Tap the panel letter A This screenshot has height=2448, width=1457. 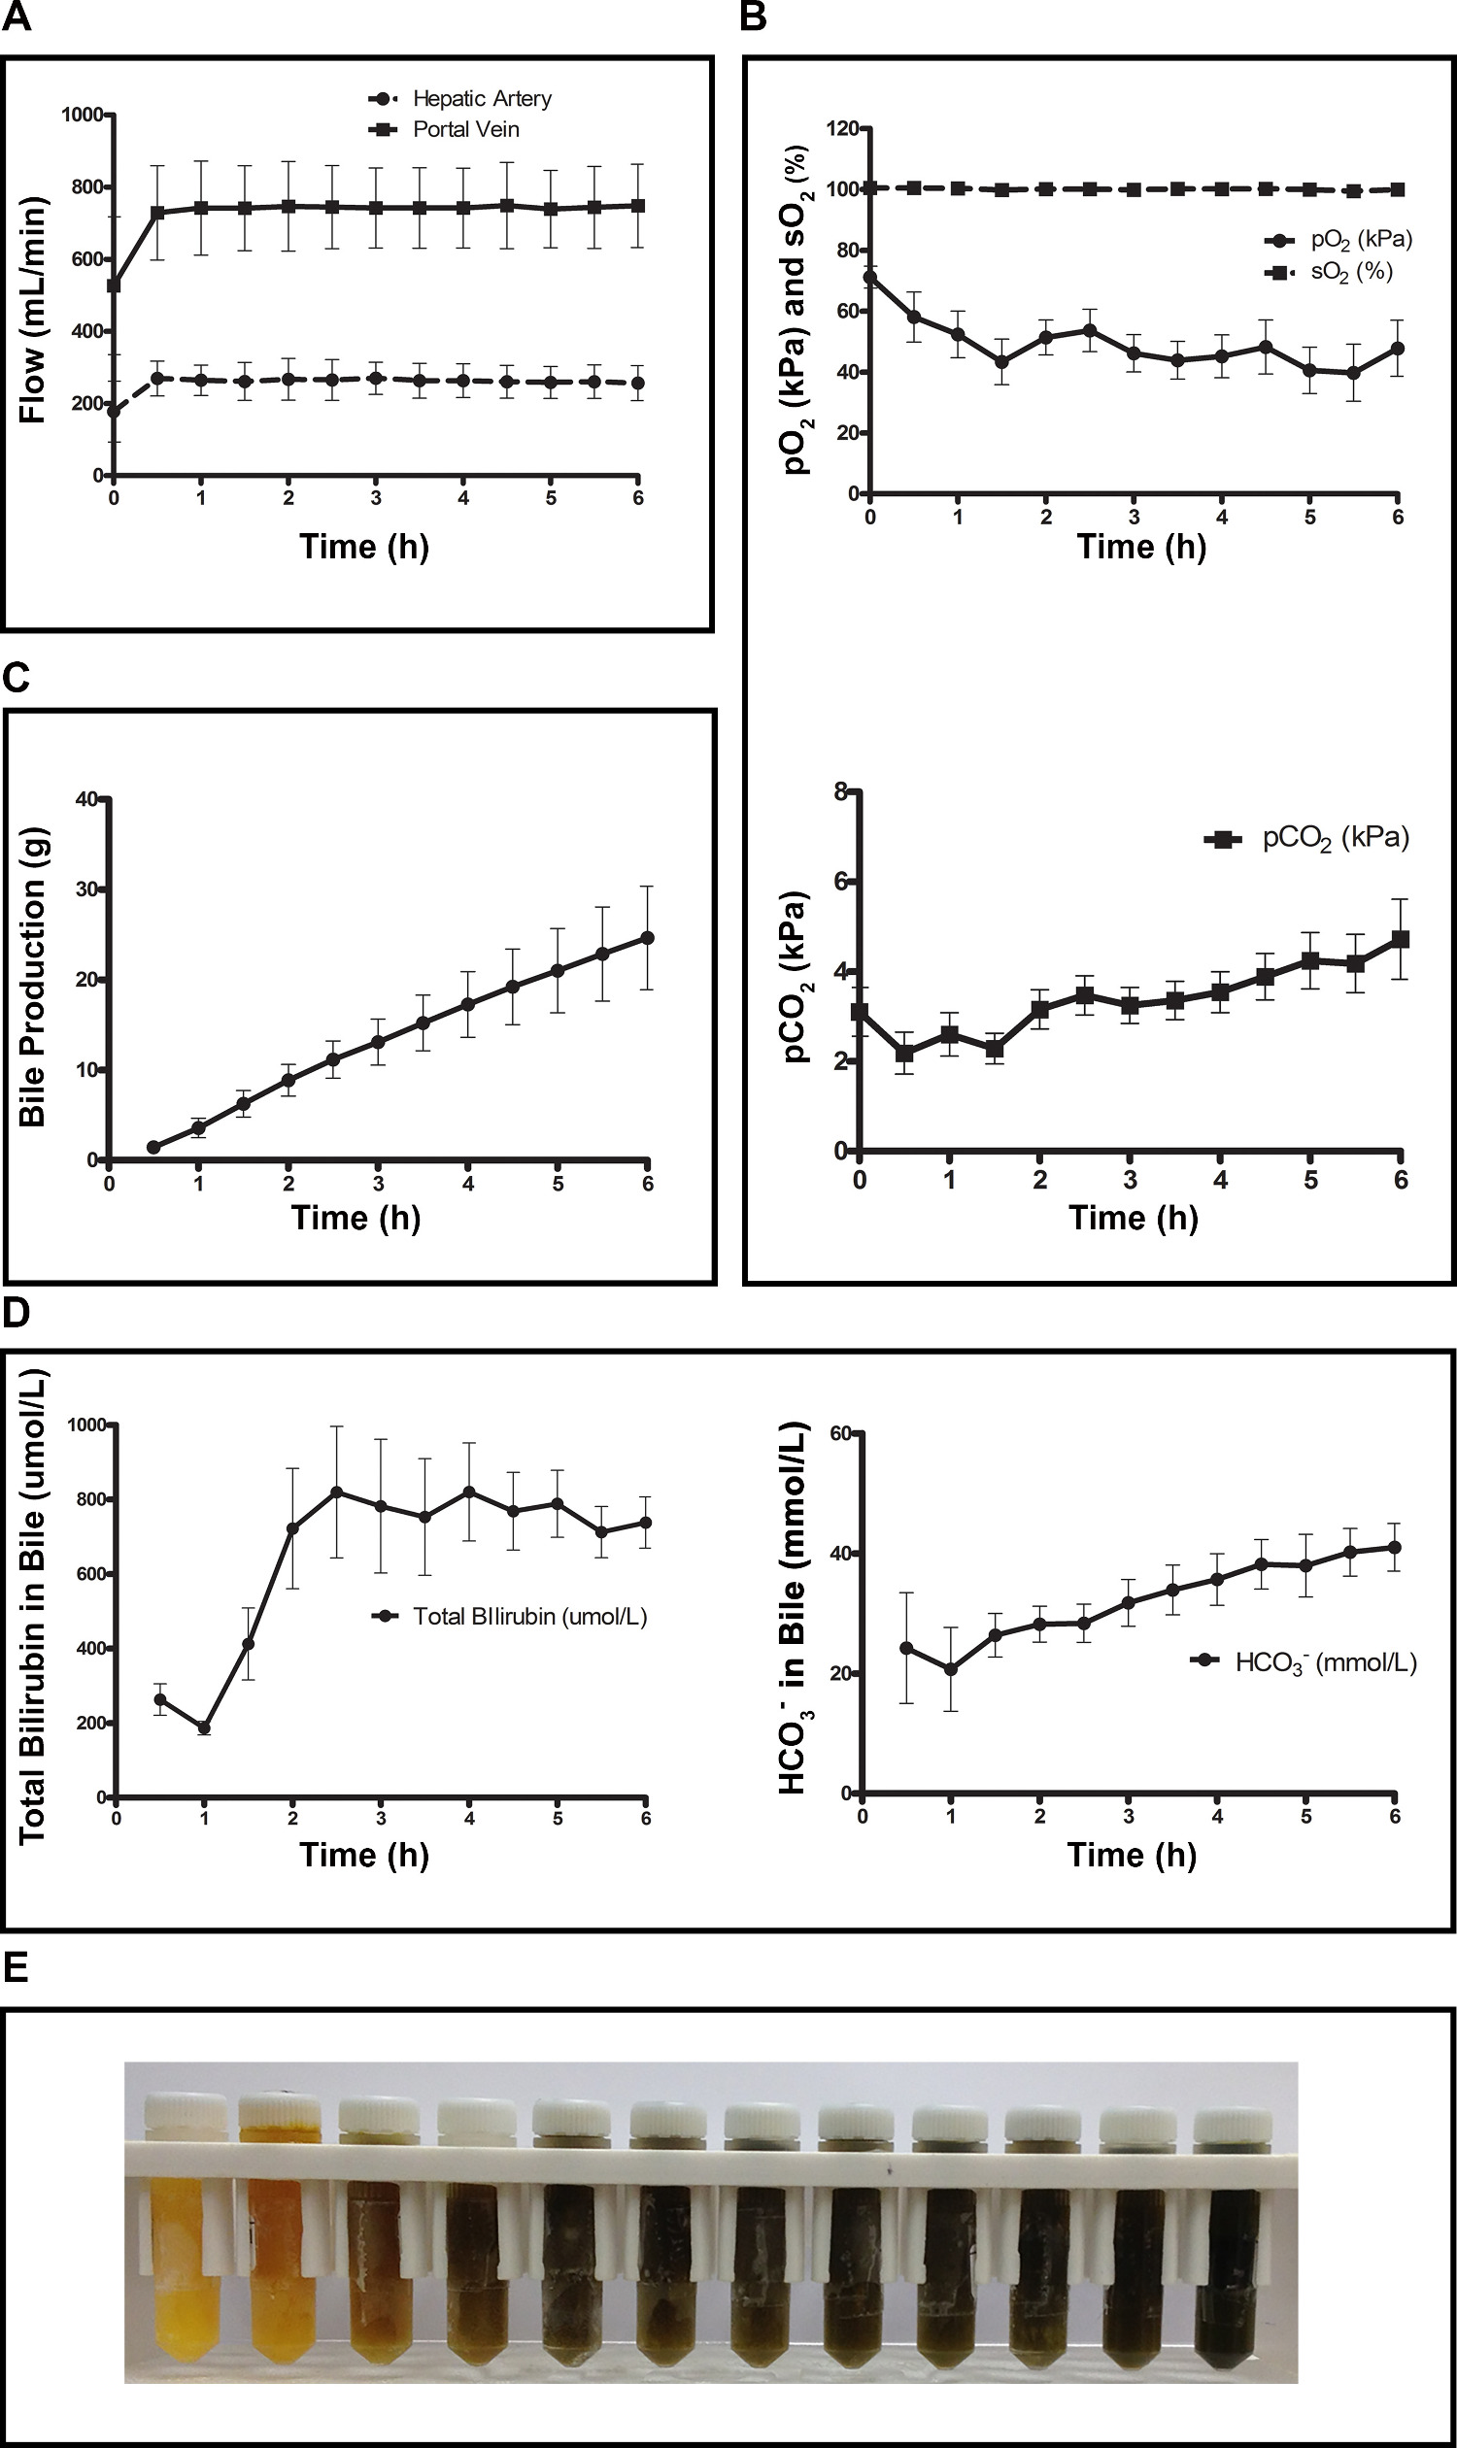click(x=17, y=17)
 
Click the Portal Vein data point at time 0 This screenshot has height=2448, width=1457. click(x=114, y=285)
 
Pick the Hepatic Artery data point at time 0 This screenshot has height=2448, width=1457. click(x=114, y=412)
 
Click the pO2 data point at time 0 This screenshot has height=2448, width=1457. click(x=870, y=277)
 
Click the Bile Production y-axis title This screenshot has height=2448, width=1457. click(x=32, y=978)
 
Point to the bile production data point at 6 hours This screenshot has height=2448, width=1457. click(x=647, y=937)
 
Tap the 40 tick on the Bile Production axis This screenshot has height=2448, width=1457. click(x=86, y=799)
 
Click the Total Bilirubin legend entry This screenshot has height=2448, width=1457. click(x=511, y=1617)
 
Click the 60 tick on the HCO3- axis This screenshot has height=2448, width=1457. click(x=839, y=1433)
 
